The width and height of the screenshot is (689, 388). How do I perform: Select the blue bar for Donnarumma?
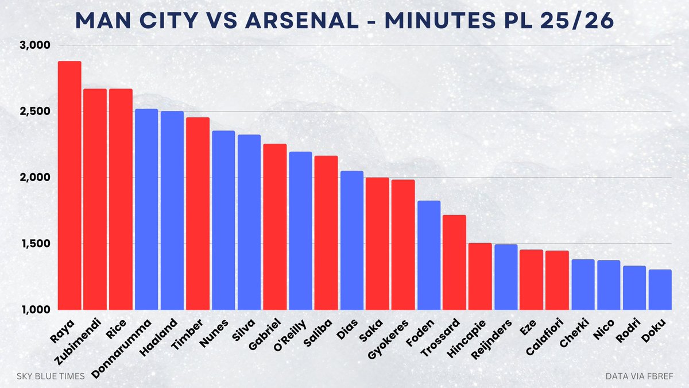[x=146, y=209]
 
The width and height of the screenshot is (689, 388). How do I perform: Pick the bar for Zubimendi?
[x=95, y=199]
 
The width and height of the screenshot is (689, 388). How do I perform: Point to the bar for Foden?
[x=429, y=255]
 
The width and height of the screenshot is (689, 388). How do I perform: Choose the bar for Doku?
[x=660, y=290]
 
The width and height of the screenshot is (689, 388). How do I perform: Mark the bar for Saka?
[x=377, y=244]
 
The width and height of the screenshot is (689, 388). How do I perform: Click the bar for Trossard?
[x=454, y=262]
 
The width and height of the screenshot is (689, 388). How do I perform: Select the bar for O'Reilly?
[x=300, y=231]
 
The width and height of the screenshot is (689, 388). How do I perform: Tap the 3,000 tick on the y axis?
[x=36, y=45]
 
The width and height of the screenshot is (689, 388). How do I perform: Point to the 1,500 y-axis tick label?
[x=36, y=244]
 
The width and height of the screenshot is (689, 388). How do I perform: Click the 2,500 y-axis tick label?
[x=36, y=112]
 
